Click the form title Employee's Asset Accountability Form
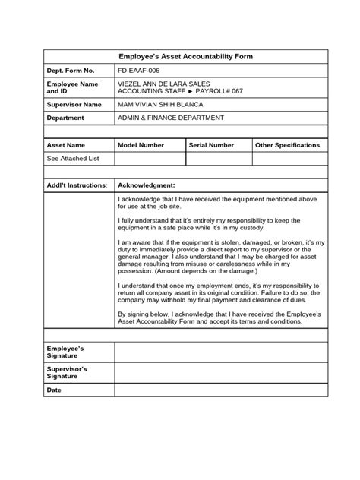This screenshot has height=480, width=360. (x=185, y=57)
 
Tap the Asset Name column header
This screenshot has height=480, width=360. (x=66, y=144)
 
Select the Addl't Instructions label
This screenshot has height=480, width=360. (x=77, y=185)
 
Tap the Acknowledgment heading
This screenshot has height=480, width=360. (x=147, y=185)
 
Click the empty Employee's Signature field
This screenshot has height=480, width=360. (x=220, y=352)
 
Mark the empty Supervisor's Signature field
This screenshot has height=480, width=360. (x=220, y=372)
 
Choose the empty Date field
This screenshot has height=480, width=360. (x=220, y=390)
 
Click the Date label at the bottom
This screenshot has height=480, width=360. (x=54, y=390)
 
